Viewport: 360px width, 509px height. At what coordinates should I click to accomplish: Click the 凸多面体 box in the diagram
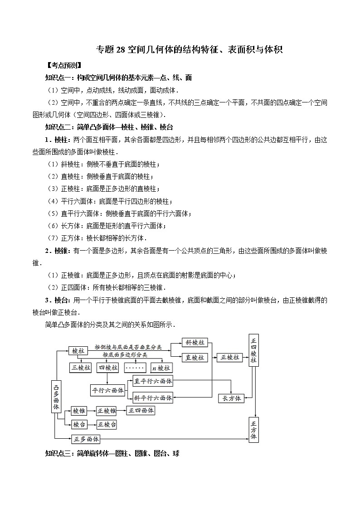click(56, 395)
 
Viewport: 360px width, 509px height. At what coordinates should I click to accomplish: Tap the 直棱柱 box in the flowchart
click(195, 357)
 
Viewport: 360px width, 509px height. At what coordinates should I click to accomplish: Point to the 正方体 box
click(253, 429)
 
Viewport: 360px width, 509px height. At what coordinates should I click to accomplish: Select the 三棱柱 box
click(80, 368)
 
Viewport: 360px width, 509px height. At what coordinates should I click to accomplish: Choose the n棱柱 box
click(161, 368)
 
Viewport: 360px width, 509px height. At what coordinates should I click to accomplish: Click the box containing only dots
click(134, 368)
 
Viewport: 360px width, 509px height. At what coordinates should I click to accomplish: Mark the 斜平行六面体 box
click(153, 398)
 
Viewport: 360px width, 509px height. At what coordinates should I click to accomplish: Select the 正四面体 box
click(141, 410)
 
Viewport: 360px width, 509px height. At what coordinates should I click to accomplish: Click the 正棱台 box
click(107, 424)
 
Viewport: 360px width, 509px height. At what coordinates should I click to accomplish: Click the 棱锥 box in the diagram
click(79, 411)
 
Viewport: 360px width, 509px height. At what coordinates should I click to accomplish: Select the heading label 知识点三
click(59, 453)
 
